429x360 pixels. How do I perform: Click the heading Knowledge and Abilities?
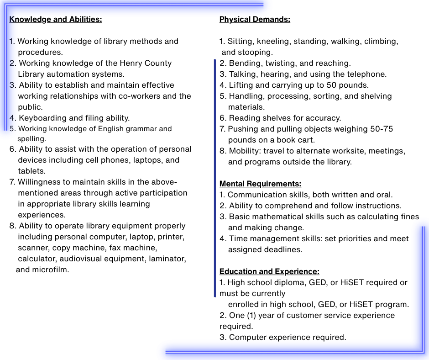tap(55, 19)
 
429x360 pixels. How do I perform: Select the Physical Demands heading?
tap(255, 19)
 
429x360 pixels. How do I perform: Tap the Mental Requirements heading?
tap(260, 184)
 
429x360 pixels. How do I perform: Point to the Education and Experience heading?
tap(269, 271)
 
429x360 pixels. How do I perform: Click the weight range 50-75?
tap(382, 129)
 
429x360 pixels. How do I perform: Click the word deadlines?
tap(283, 249)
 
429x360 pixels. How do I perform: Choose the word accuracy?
tap(324, 118)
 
